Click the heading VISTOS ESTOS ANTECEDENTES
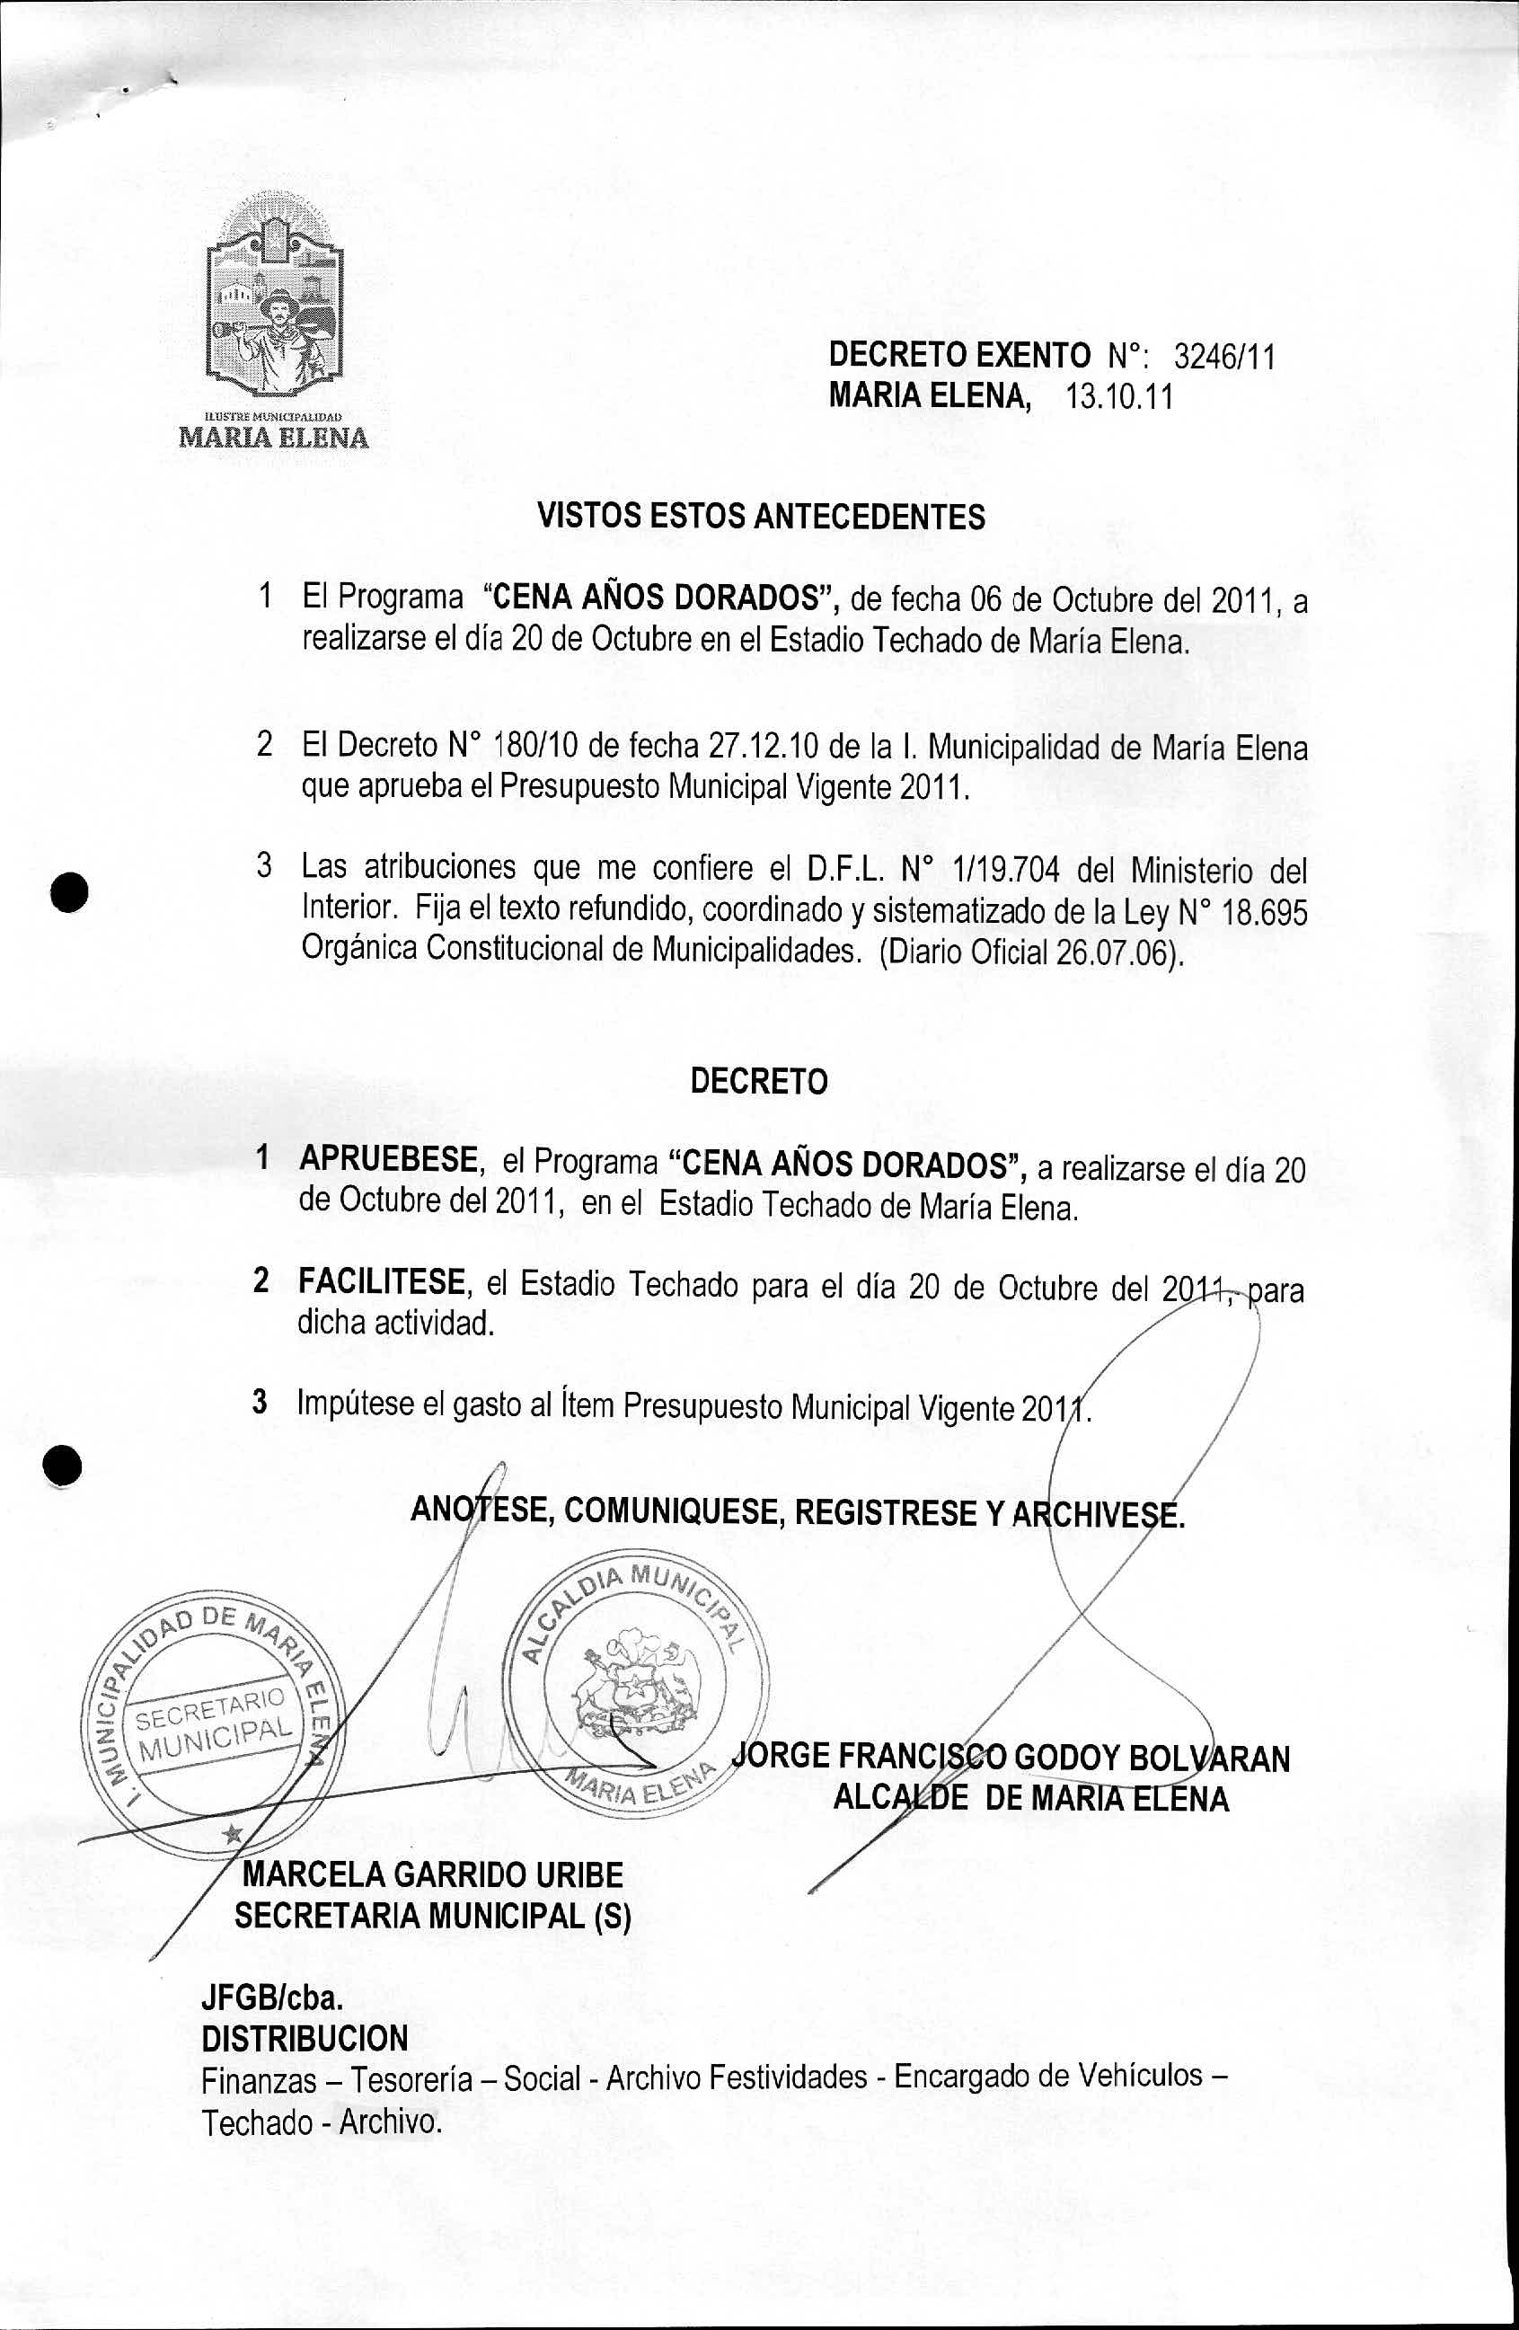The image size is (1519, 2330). pyautogui.click(x=762, y=516)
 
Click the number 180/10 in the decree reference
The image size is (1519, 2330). pyautogui.click(x=527, y=746)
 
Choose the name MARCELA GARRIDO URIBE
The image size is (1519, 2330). pyautogui.click(x=431, y=1874)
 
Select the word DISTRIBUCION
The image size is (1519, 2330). pyautogui.click(x=305, y=2038)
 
